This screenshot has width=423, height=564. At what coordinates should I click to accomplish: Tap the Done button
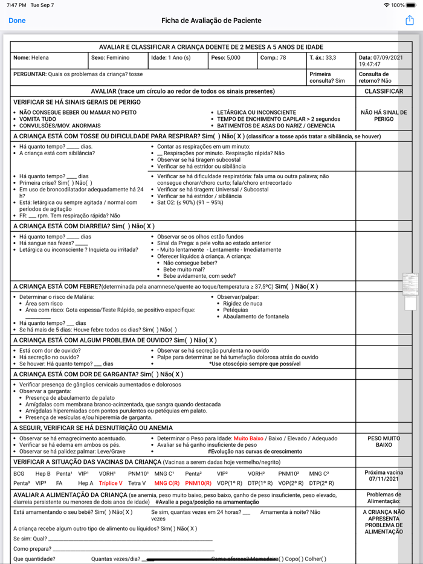(17, 21)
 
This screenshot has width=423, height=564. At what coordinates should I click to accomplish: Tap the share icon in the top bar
(410, 21)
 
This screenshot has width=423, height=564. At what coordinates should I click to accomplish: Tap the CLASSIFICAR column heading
(384, 91)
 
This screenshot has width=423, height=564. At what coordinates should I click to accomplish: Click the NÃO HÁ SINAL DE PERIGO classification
(384, 115)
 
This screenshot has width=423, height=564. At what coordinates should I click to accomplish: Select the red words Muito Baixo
(249, 438)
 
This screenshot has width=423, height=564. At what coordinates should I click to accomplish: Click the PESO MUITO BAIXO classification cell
(384, 441)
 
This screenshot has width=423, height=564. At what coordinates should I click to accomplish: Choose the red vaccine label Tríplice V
(111, 483)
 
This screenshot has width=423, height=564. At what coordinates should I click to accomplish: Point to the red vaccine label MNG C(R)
(166, 483)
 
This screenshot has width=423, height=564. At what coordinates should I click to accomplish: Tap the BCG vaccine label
(19, 473)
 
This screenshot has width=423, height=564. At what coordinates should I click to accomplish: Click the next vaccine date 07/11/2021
(384, 479)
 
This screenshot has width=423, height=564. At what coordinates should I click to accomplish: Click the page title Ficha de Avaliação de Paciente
(211, 21)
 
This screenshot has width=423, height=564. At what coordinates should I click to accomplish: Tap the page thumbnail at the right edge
(410, 284)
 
